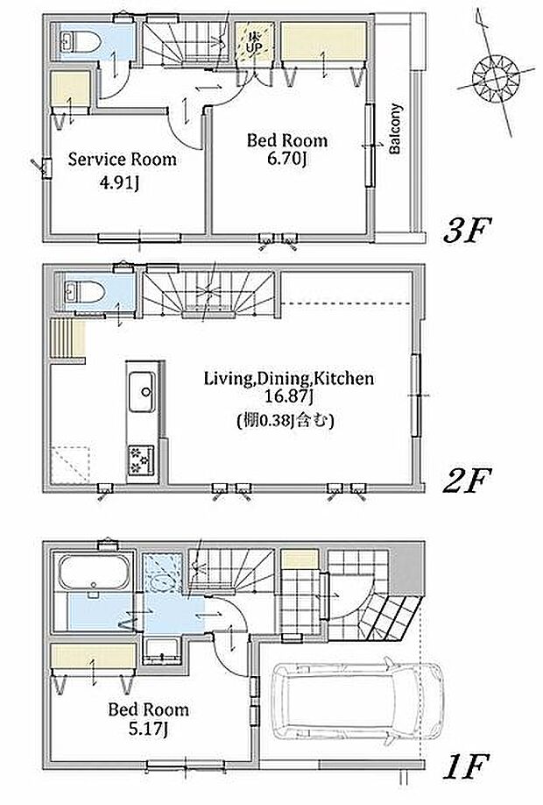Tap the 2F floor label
pos(467,481)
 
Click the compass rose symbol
pos(496,79)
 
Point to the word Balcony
pos(394,130)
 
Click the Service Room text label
pos(122,160)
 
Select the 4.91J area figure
pos(119,183)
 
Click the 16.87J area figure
pos(289,397)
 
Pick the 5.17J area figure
pos(149,729)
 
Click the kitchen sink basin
pos(142,392)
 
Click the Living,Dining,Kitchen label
pos(289,379)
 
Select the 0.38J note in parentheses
pos(286,422)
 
